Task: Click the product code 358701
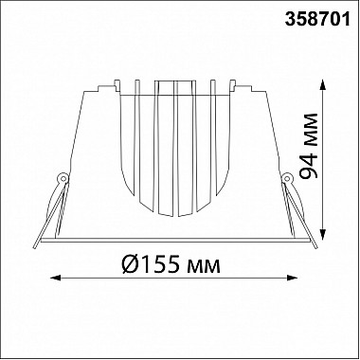[x=317, y=19]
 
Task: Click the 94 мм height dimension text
[x=308, y=146]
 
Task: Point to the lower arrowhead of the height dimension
[x=322, y=235]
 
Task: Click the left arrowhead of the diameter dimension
[x=56, y=278]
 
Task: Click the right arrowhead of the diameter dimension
[x=292, y=278]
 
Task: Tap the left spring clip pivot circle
[x=63, y=179]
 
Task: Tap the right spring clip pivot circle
[x=287, y=179]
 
